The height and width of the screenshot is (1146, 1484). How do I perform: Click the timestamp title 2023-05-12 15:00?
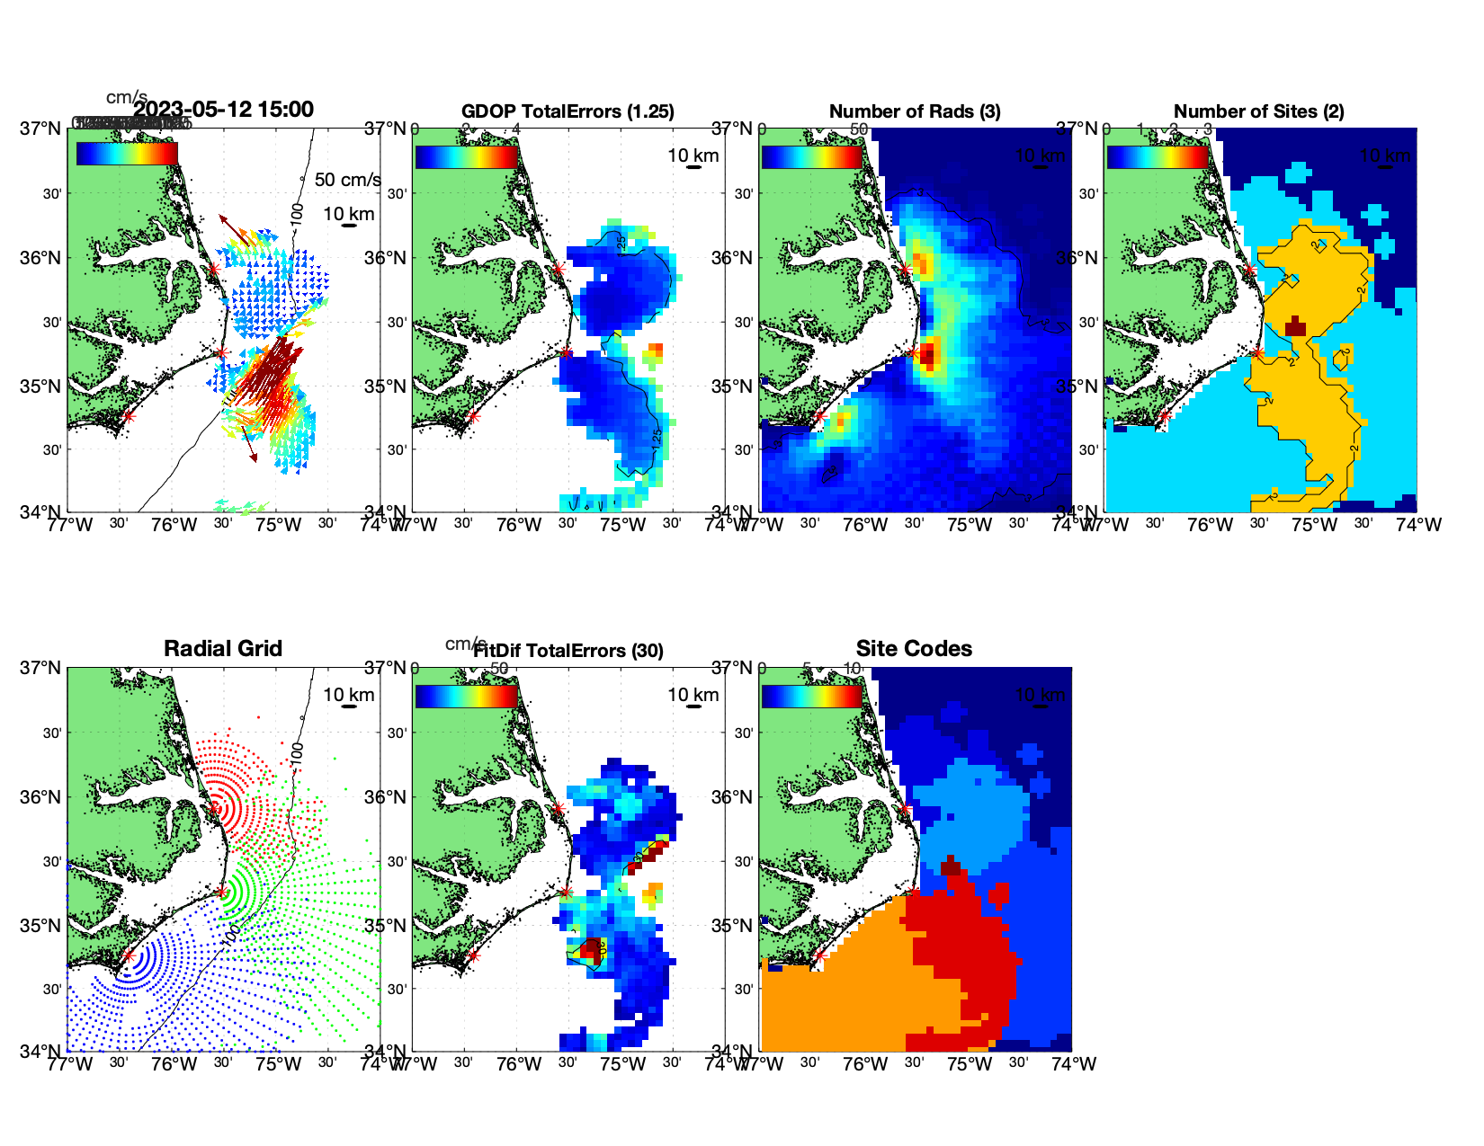point(223,111)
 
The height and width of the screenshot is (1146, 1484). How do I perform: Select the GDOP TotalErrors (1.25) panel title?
point(568,111)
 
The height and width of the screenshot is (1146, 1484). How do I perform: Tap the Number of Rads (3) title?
point(915,111)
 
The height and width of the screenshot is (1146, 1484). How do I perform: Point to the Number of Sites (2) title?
point(1258,111)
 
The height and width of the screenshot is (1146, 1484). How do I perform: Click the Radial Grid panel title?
point(223,649)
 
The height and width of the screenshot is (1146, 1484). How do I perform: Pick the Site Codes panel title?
point(914,649)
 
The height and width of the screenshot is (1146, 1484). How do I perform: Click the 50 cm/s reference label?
point(347,180)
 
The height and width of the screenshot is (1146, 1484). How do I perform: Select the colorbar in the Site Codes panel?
point(811,696)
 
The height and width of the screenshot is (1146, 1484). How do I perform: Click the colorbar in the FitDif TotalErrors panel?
point(467,696)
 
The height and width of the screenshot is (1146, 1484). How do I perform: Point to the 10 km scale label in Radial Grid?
point(348,695)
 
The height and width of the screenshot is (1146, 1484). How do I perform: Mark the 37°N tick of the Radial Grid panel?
point(41,668)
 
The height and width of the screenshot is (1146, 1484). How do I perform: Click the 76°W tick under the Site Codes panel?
point(865,1064)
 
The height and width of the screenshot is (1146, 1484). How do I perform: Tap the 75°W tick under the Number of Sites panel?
point(1314,525)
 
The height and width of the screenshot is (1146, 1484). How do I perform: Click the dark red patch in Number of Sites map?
point(1295,325)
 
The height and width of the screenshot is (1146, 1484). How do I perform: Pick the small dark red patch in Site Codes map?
point(951,866)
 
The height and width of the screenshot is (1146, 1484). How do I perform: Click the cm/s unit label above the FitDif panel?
point(465,644)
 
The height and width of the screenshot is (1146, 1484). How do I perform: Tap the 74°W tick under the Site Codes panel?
point(1075,1064)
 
